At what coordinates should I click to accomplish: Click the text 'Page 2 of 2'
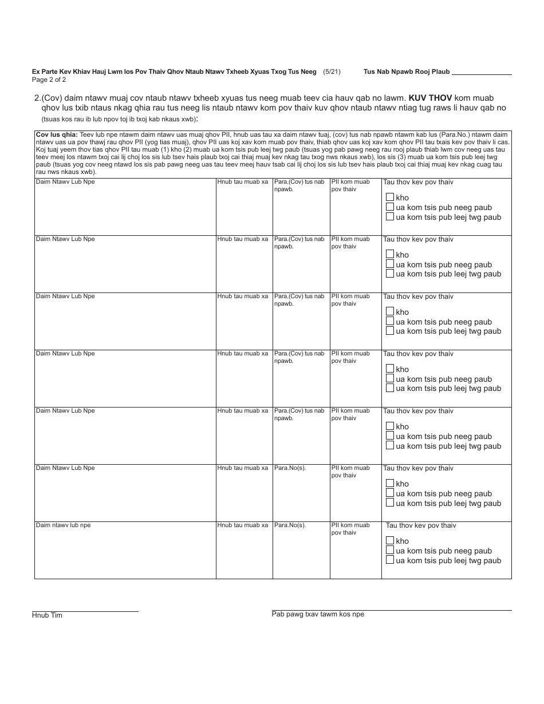49,80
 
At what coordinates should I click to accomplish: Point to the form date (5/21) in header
332,72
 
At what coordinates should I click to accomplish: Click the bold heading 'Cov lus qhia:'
53,134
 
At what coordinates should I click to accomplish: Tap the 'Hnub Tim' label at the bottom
47,615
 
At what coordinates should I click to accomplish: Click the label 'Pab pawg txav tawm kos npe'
318,614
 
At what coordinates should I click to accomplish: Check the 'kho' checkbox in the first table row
390,197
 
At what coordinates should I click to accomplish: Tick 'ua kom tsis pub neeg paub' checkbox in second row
390,264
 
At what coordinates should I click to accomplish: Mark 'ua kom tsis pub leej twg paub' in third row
390,331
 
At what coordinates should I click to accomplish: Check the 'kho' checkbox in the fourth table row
390,369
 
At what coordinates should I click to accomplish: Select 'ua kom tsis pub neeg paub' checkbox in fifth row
390,436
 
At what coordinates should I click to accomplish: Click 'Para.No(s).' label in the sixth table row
290,468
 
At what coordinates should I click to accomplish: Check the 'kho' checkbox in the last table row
390,540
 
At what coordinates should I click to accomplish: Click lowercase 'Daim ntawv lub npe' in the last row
63,525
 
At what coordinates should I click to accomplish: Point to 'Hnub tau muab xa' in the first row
242,182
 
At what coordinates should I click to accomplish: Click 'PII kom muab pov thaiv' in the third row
350,300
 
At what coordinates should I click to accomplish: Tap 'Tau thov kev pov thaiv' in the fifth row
418,411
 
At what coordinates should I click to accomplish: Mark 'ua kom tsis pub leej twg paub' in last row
390,560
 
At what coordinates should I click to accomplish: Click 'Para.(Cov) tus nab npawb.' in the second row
299,243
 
